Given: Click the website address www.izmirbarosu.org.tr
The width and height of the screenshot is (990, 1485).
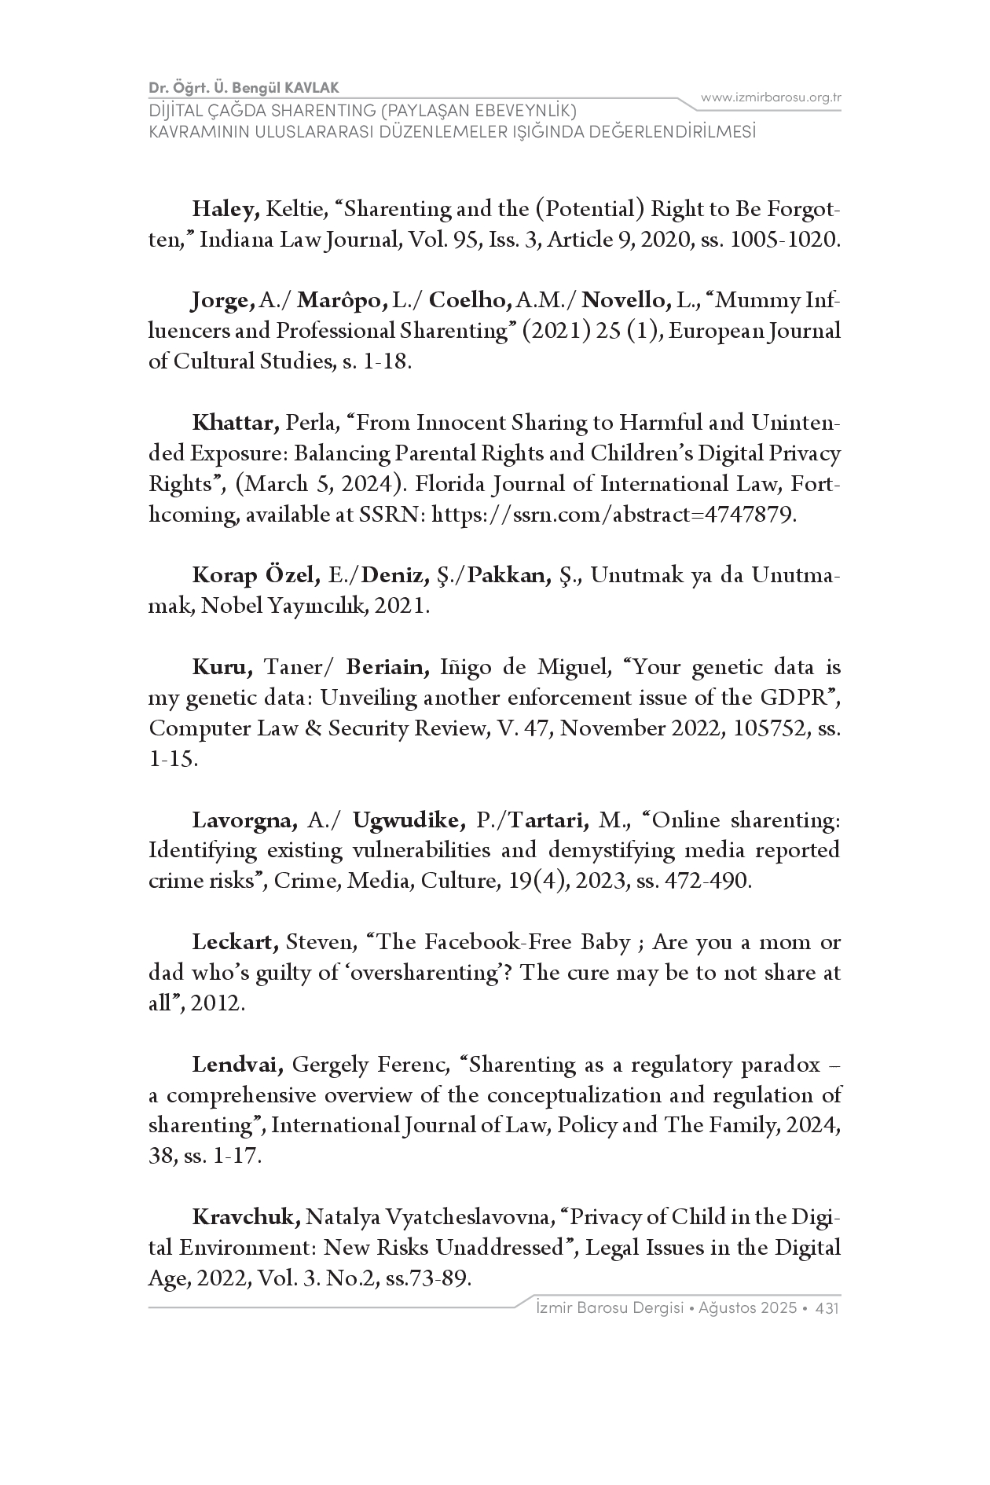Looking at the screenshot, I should pos(771,97).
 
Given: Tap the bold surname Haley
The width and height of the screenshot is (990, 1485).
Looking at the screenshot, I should pos(225,210).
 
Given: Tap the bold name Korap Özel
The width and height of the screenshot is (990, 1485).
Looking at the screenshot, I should pos(255,576).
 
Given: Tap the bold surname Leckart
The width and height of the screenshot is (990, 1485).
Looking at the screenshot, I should pos(235,943).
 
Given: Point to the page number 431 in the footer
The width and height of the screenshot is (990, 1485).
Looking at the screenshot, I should pos(828,1309).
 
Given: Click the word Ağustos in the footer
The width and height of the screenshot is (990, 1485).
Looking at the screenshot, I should pos(725,1309).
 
